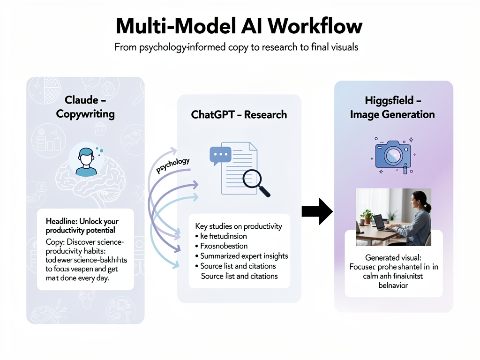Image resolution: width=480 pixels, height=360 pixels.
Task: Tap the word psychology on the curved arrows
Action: click(x=173, y=165)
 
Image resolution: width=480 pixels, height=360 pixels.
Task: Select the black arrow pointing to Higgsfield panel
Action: click(x=316, y=211)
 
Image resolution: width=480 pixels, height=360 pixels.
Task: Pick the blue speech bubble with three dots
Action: click(x=220, y=156)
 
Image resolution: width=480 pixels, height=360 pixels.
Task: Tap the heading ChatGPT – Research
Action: click(x=239, y=115)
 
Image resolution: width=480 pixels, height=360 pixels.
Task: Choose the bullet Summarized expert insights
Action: click(x=244, y=256)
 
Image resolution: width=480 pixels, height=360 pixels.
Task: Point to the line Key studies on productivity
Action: click(x=238, y=226)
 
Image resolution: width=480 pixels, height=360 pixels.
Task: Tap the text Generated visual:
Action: click(x=393, y=257)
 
